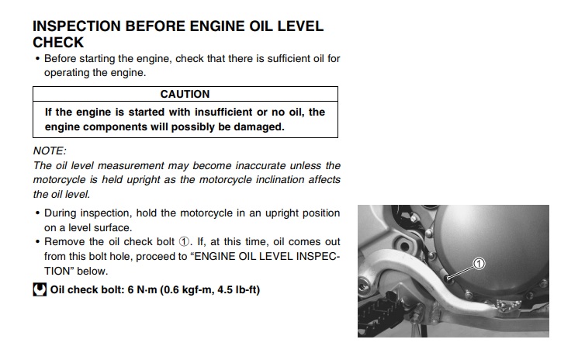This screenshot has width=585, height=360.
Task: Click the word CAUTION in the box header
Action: (185, 94)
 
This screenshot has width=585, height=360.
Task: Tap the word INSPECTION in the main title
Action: (77, 26)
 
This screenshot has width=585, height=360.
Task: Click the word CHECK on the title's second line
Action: (58, 43)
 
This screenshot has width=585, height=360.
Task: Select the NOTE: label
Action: (50, 151)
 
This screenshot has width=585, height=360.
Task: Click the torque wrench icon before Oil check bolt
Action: (40, 289)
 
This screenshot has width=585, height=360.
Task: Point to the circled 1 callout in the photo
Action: (479, 264)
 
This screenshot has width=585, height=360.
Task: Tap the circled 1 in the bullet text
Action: (184, 242)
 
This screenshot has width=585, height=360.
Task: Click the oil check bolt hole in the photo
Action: (448, 278)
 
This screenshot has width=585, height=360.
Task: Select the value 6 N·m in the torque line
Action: (142, 290)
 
